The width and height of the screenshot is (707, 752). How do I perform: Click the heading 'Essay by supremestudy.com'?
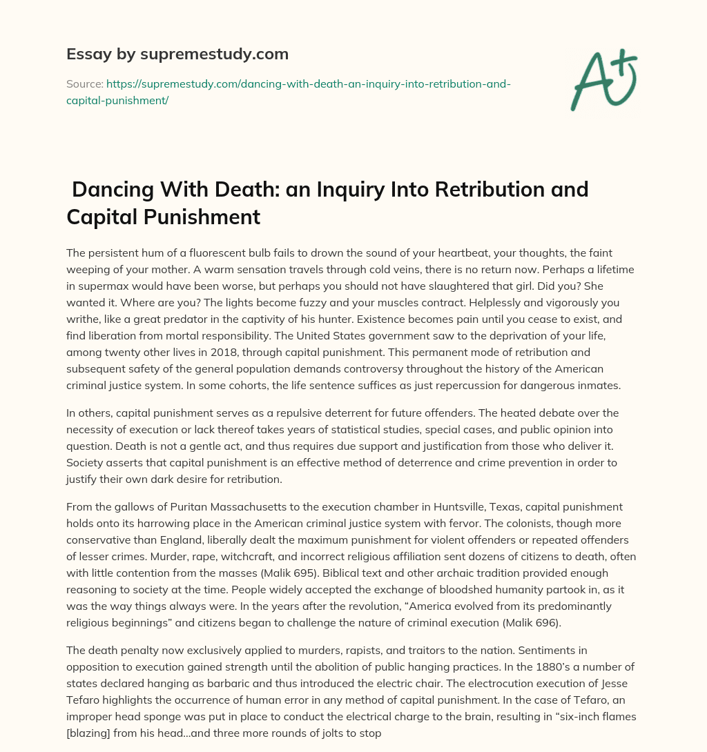[x=177, y=54]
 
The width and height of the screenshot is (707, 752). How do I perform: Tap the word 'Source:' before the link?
[x=84, y=84]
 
